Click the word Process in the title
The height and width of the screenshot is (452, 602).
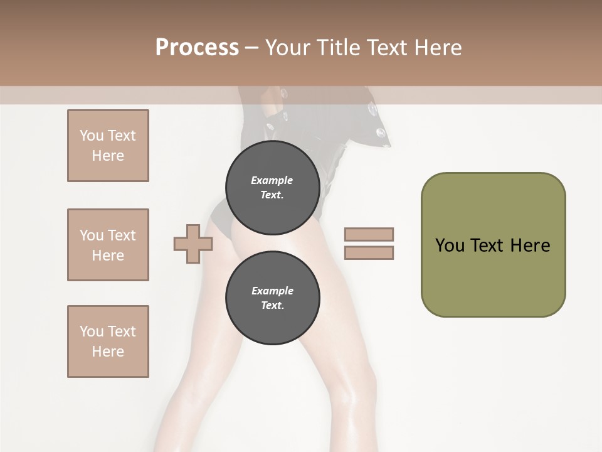pyautogui.click(x=197, y=47)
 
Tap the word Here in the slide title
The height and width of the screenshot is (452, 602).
pyautogui.click(x=437, y=47)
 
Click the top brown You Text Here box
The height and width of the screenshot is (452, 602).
pyautogui.click(x=108, y=146)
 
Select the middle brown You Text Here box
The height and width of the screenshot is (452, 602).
pyautogui.click(x=108, y=245)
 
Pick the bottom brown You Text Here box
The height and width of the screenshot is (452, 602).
pyautogui.click(x=108, y=342)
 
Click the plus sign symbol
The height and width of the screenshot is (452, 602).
pyautogui.click(x=193, y=244)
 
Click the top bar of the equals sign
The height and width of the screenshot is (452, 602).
pyautogui.click(x=369, y=235)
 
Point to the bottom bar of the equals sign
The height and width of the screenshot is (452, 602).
pyautogui.click(x=369, y=252)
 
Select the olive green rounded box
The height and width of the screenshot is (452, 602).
pyautogui.click(x=493, y=276)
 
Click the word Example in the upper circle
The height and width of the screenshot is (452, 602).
pyautogui.click(x=272, y=180)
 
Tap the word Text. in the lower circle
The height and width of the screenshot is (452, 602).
pyautogui.click(x=272, y=306)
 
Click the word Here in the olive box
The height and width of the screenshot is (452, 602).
pyautogui.click(x=530, y=245)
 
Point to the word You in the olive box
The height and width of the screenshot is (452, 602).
pyautogui.click(x=450, y=245)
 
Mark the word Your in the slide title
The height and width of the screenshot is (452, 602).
pyautogui.click(x=288, y=47)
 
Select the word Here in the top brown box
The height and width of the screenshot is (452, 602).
pyautogui.click(x=108, y=156)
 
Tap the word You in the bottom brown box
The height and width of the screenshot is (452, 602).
pyautogui.click(x=92, y=331)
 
